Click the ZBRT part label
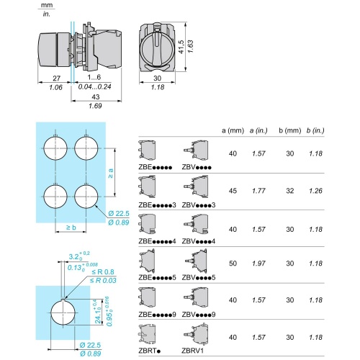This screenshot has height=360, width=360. click(146, 351)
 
